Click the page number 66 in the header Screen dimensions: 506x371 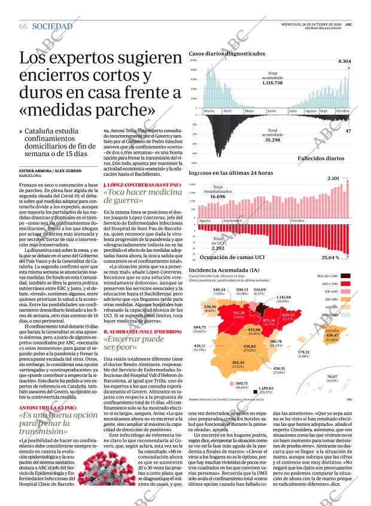(23, 27)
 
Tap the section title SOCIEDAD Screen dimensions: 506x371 (52, 27)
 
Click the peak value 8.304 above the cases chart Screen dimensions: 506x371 (344, 62)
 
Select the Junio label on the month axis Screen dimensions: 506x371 (271, 111)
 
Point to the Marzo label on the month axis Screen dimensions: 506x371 (209, 111)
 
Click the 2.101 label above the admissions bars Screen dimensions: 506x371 (333, 178)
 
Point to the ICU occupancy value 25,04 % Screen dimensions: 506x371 (330, 258)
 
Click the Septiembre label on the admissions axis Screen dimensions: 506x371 (232, 221)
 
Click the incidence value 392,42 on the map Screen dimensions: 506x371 (238, 363)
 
